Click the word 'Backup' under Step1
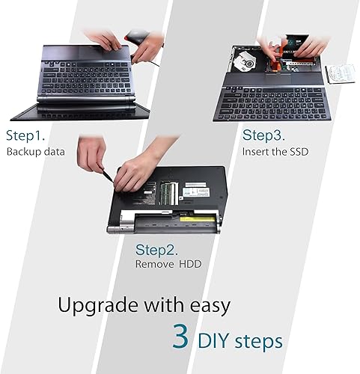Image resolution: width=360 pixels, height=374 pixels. pyautogui.click(x=24, y=153)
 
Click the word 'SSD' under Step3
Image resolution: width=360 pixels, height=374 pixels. pyautogui.click(x=294, y=151)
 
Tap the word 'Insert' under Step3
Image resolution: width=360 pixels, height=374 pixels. pyautogui.click(x=254, y=151)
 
